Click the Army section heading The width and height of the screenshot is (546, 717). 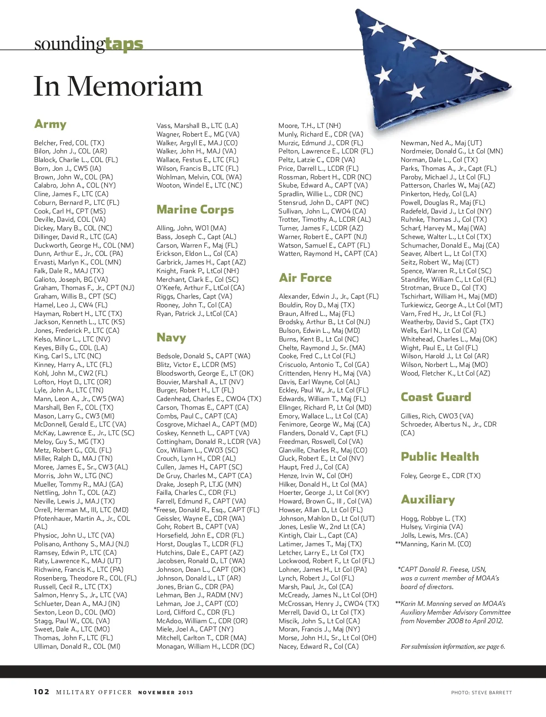tap(51, 124)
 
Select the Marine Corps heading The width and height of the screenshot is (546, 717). tap(195, 209)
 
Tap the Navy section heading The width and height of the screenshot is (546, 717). tap(171, 337)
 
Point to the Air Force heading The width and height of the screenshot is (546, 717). tap(305, 278)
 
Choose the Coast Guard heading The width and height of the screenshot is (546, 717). tap(436, 397)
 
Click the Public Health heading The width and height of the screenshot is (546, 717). tap(440, 457)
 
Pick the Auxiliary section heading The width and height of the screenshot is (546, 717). tap(428, 499)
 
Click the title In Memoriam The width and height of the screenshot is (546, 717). tap(118, 86)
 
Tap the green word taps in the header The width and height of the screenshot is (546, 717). tap(124, 44)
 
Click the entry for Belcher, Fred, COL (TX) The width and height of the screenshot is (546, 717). tap(69, 143)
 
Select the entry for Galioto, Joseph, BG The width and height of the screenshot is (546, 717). tap(71, 280)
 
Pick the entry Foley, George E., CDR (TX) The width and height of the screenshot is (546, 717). tap(440, 476)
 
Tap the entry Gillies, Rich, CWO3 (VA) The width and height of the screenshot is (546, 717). tap(437, 416)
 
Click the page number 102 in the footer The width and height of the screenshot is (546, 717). tap(41, 692)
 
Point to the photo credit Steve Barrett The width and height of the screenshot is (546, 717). tap(481, 692)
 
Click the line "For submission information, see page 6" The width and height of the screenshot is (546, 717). tap(453, 646)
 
